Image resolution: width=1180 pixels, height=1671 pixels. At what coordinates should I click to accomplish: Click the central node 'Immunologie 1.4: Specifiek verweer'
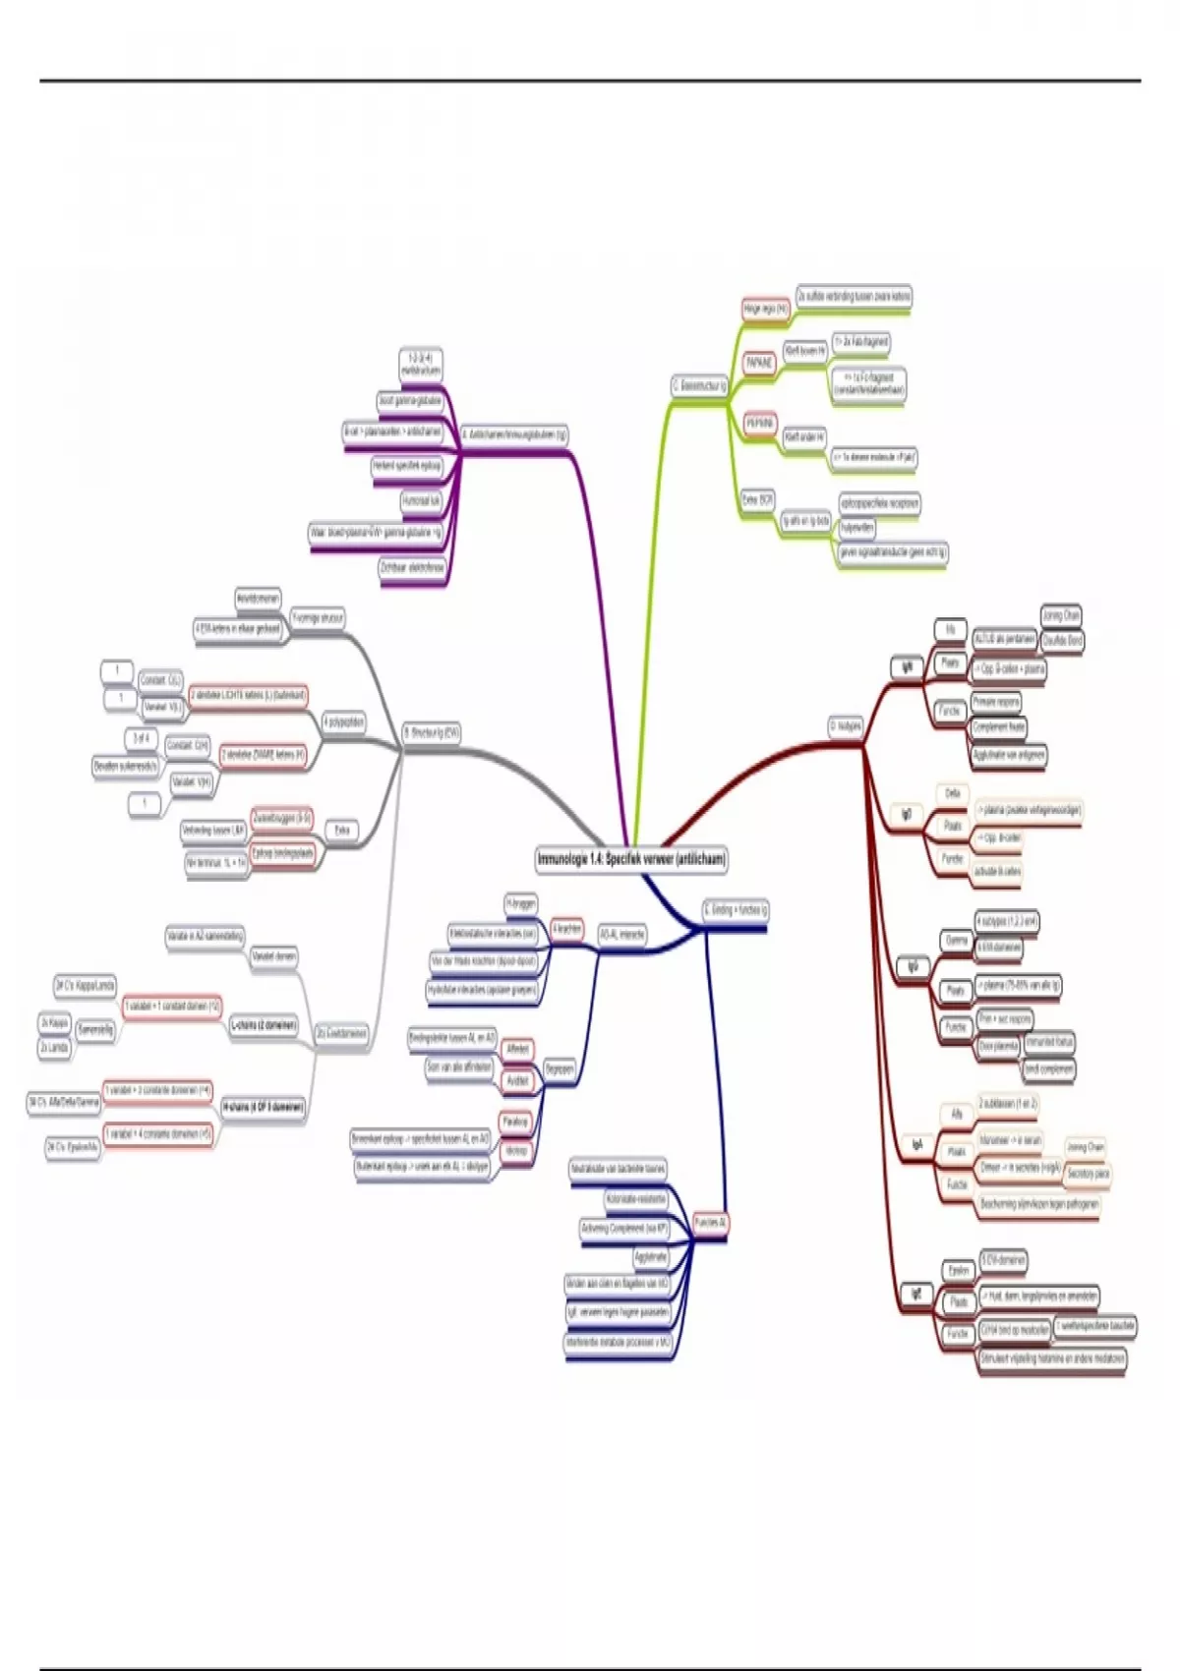[631, 859]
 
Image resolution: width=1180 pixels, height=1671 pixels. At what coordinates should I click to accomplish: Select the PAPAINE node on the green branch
[759, 363]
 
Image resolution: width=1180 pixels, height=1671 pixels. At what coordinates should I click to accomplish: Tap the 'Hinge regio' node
[765, 310]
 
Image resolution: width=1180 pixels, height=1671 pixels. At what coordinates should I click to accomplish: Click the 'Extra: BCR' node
[757, 500]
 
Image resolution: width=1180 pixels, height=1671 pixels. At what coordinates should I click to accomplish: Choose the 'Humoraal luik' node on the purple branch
[422, 501]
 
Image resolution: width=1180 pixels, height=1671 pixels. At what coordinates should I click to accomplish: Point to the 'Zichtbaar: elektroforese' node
[412, 568]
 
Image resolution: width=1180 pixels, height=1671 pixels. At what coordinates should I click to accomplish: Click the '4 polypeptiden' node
[343, 722]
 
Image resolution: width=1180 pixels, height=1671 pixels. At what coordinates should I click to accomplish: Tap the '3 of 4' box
[140, 738]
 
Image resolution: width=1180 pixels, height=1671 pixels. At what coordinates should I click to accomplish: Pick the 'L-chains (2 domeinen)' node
[264, 1025]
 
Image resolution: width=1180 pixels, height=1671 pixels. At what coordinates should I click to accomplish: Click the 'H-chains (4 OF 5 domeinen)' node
[264, 1107]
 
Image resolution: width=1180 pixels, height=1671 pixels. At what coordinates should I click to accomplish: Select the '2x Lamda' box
[54, 1049]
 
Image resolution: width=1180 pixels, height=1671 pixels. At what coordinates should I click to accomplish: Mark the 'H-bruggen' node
[520, 902]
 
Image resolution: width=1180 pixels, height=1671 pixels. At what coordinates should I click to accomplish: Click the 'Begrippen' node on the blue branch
[560, 1068]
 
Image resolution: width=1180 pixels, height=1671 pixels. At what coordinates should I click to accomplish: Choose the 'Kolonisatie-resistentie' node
[636, 1200]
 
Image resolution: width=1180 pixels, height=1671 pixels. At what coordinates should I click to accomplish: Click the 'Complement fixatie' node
[998, 727]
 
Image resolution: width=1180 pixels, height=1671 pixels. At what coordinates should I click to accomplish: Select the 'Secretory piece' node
[1088, 1174]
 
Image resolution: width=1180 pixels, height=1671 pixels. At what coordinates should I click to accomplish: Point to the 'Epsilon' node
[958, 1271]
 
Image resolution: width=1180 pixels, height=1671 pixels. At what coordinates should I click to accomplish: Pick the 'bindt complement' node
[1049, 1068]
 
